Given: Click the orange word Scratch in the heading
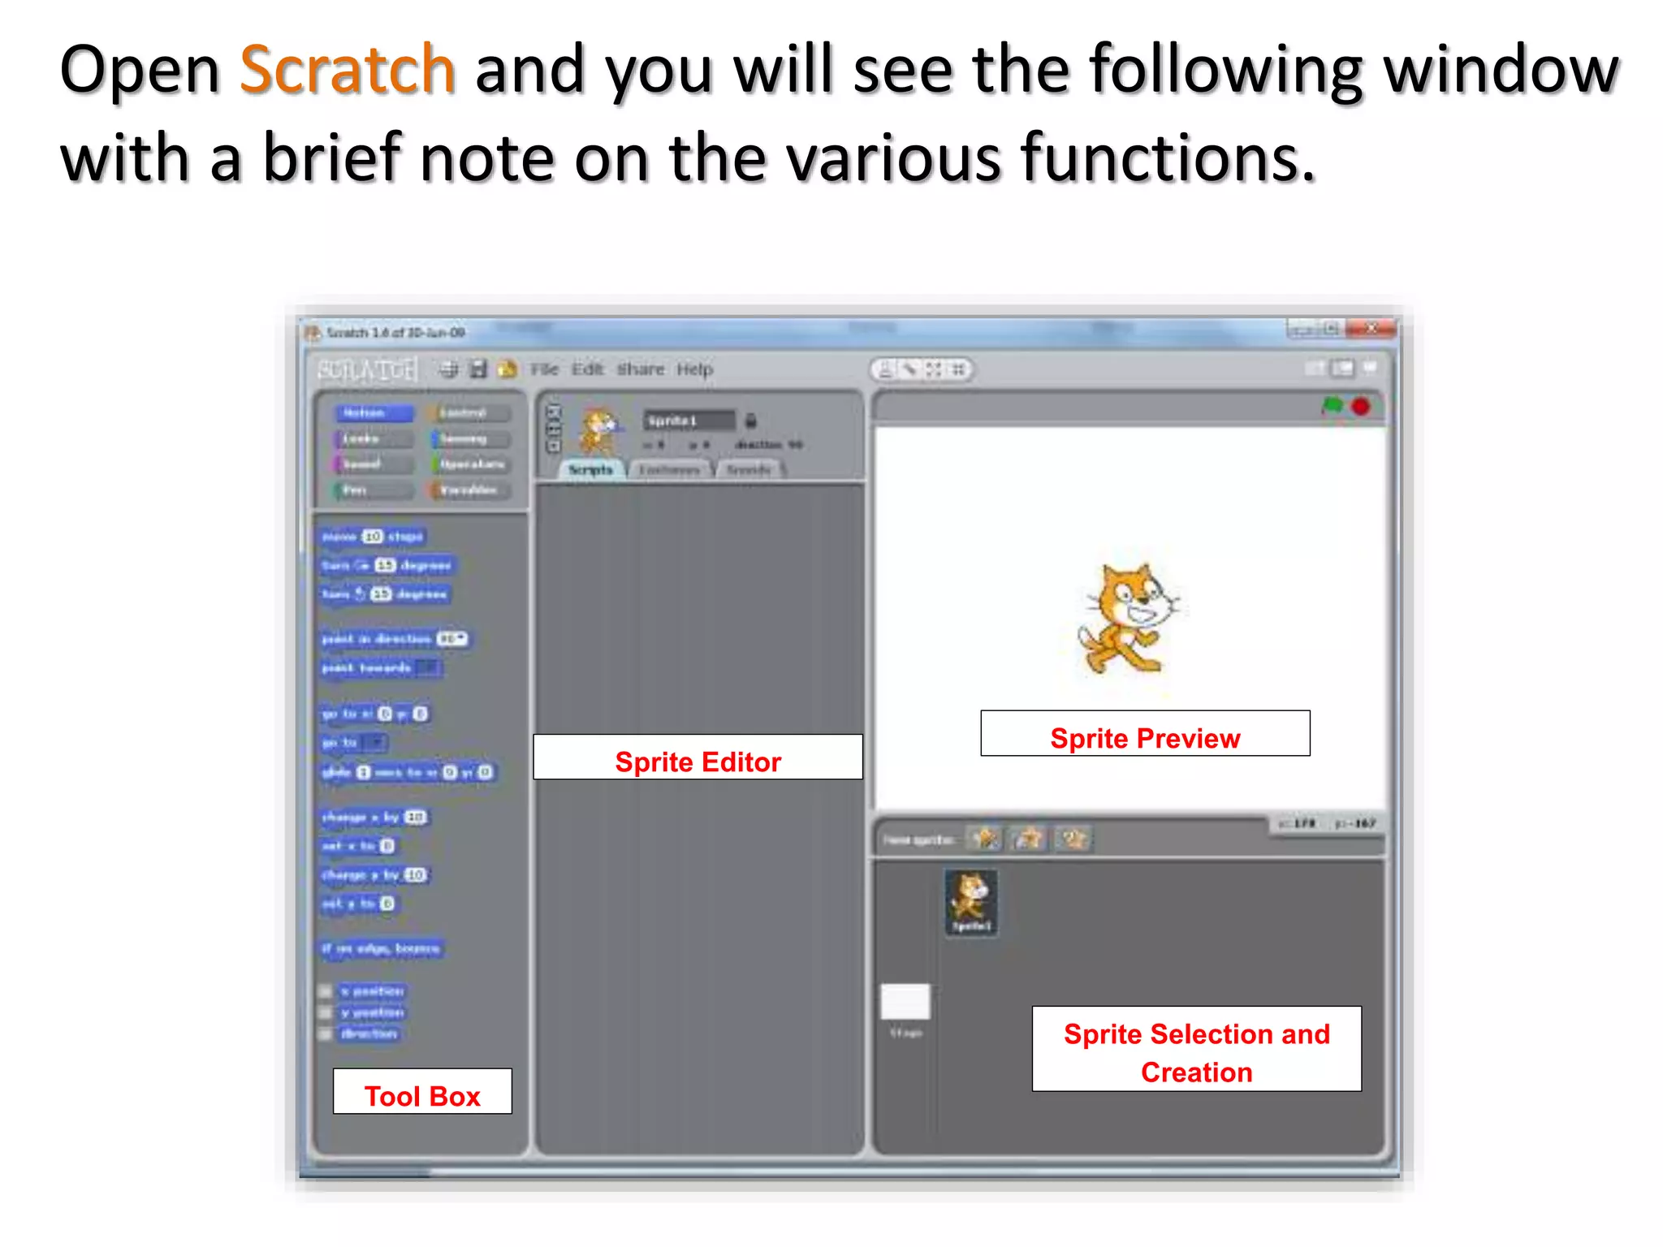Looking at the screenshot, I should coord(347,70).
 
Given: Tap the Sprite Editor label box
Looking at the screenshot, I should coord(698,757).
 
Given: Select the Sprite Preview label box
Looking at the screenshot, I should coord(1145,734).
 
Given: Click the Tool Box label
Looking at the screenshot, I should coord(422,1092).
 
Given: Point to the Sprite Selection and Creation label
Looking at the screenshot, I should coord(1196,1050).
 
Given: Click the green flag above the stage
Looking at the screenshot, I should coord(1332,405).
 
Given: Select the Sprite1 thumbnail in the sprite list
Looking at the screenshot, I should coord(971,901).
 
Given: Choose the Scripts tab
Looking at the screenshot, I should coord(590,470).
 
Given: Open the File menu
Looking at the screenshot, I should coord(544,369).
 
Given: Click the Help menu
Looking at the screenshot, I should coord(694,369).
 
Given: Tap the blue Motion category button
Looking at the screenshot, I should coord(373,413).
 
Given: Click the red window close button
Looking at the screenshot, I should coord(1371,329).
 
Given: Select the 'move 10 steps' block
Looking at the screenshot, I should coord(372,537).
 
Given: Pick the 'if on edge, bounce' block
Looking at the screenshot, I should coord(381,948).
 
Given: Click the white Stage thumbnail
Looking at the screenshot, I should coord(905,1003).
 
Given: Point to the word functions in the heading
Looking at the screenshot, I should coord(1167,157).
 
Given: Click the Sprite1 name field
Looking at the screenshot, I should coord(689,421).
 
